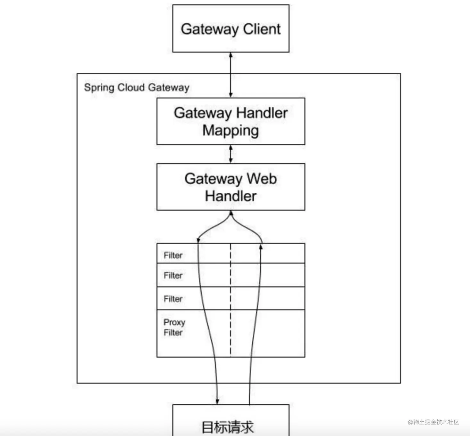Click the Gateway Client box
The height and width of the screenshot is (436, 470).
coord(231,28)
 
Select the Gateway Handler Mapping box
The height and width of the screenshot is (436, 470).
coord(231,121)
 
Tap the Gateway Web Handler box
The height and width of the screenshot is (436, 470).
coord(231,187)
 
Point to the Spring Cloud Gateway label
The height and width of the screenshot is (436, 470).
coord(137,87)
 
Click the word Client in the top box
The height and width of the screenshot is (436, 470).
coord(262,29)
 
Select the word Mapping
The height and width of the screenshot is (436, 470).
coord(231,131)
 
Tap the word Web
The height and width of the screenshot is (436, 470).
coord(262,179)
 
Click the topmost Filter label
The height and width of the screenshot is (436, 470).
coord(173,255)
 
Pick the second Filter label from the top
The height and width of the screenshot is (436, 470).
coord(173,275)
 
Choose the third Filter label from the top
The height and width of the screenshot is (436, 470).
coord(173,299)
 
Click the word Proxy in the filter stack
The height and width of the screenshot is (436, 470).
coord(174,322)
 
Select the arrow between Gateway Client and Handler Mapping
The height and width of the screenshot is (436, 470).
coord(231,75)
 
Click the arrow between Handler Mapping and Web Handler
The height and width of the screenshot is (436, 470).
coord(231,154)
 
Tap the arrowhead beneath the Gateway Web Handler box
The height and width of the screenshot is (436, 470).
coord(231,213)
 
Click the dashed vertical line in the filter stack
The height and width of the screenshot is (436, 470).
coord(231,301)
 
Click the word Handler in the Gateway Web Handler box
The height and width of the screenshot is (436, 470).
coord(231,196)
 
